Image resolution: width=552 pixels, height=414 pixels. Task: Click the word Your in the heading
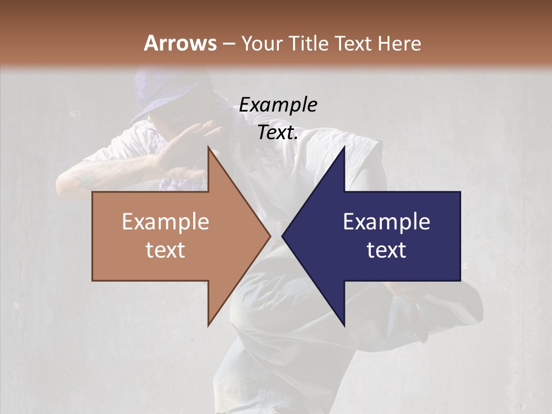click(262, 44)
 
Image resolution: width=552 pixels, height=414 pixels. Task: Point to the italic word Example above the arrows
click(278, 105)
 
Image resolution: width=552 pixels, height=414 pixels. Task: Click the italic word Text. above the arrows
click(278, 133)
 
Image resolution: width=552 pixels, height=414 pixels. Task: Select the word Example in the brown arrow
click(166, 222)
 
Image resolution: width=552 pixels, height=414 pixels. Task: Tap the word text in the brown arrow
click(166, 250)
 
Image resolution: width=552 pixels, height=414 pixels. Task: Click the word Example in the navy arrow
click(386, 222)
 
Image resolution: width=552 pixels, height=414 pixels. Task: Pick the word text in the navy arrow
click(386, 250)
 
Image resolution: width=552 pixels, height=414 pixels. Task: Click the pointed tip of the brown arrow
click(269, 236)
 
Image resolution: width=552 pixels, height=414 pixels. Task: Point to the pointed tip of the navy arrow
click(283, 236)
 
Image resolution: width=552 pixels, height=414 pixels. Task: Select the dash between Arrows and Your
click(228, 44)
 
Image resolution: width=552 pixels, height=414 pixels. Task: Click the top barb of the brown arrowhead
click(210, 151)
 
